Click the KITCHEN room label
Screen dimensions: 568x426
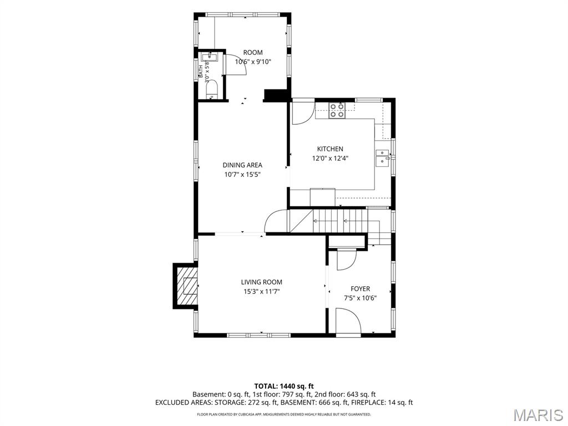pos(330,149)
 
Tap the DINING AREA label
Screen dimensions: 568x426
pos(242,165)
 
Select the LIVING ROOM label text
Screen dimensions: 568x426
pos(262,282)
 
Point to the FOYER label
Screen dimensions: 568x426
pos(360,288)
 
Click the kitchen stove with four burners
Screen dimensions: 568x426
pos(337,110)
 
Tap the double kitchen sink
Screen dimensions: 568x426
pos(382,158)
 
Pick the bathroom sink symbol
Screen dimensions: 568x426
pos(209,57)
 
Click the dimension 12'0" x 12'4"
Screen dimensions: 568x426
pos(330,158)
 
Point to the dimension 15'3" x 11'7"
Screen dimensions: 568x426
pos(262,292)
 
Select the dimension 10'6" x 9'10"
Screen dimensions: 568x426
pos(253,62)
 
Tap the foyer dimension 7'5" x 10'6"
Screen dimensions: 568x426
pos(360,298)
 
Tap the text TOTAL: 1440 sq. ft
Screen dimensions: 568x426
pos(283,386)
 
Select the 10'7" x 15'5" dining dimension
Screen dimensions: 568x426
pos(242,175)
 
